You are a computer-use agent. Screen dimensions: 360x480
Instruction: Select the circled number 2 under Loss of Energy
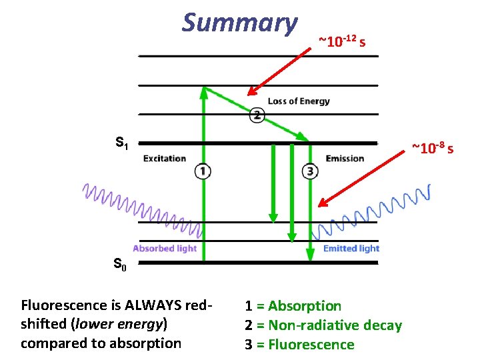[257, 115]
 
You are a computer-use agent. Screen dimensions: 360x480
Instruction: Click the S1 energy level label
[123, 143]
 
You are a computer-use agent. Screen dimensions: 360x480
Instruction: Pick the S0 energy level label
[121, 265]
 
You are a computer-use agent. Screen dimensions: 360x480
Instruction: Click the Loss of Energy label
[299, 101]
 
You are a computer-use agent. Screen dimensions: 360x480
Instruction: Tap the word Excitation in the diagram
[165, 159]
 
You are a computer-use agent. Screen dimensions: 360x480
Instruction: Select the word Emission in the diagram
[345, 159]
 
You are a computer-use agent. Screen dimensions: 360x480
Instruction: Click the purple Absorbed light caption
[165, 249]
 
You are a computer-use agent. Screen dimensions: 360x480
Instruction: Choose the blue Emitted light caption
[351, 249]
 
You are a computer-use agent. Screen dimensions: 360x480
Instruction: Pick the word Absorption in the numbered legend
[305, 306]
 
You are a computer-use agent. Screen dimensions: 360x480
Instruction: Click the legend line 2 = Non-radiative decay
[323, 325]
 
